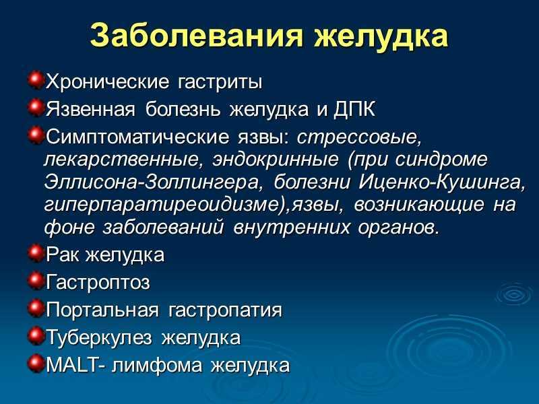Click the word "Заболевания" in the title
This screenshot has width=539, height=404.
(197, 36)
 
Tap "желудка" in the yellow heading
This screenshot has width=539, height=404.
(381, 37)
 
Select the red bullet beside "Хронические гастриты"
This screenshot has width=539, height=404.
(36, 80)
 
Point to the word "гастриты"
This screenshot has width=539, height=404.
(220, 82)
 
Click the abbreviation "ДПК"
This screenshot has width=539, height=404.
(354, 110)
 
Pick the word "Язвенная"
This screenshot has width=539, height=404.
(91, 110)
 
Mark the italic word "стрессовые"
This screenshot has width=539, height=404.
(359, 138)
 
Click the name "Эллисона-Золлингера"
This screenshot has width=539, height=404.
(152, 182)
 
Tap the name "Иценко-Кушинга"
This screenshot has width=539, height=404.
(442, 182)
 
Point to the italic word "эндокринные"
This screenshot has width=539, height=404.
(276, 160)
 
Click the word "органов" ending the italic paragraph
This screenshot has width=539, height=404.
(398, 228)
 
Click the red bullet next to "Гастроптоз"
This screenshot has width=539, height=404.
(36, 280)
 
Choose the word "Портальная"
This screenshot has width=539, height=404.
(102, 310)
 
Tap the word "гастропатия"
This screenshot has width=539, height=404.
(225, 311)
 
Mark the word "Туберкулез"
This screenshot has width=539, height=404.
(99, 337)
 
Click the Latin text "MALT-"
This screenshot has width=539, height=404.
(76, 365)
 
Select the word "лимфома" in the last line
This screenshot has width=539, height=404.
(158, 365)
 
